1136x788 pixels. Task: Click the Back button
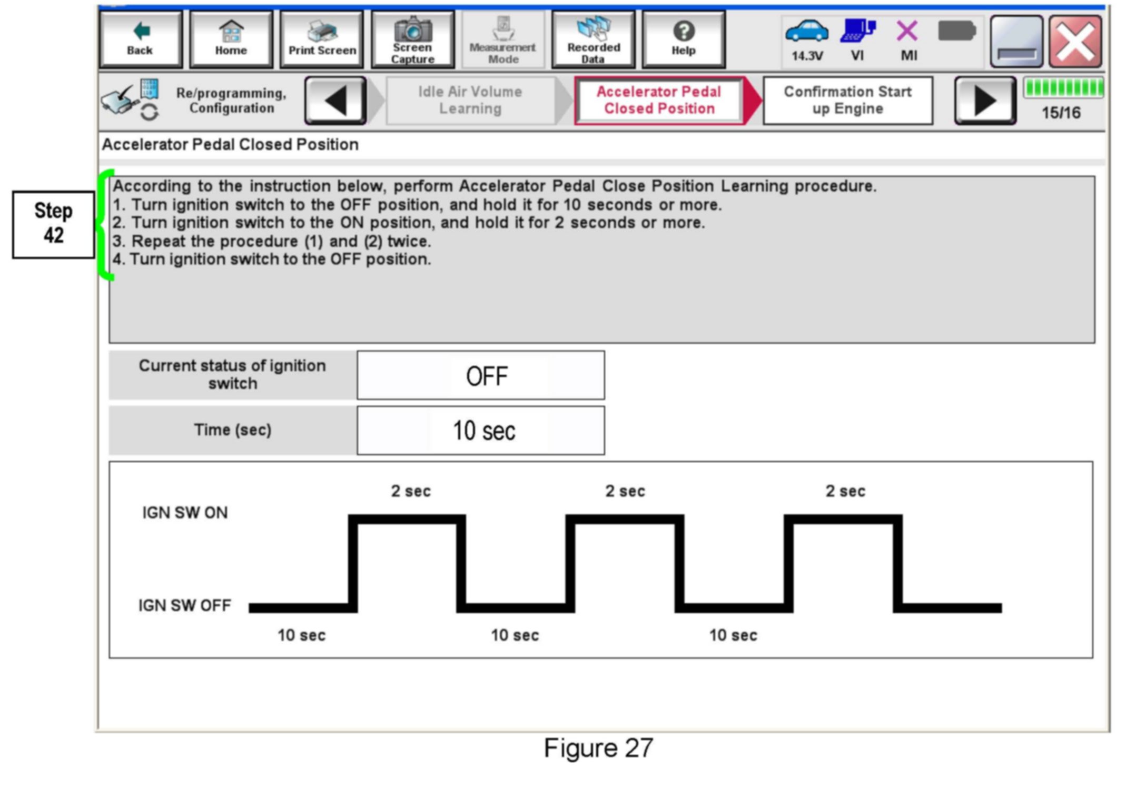(x=140, y=39)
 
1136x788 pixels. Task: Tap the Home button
(x=231, y=39)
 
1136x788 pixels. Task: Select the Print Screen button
(x=322, y=39)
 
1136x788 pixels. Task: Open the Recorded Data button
(x=593, y=39)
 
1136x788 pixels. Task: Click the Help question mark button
(x=683, y=39)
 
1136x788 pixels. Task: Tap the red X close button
(x=1075, y=42)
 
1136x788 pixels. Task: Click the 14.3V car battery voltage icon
(x=806, y=39)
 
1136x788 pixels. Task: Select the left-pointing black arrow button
(x=335, y=101)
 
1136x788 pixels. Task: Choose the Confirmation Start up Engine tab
(x=847, y=101)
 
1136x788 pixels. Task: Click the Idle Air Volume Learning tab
(x=470, y=101)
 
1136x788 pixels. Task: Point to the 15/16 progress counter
(x=1061, y=113)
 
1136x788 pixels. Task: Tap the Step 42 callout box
(x=54, y=224)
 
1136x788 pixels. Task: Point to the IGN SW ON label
(x=185, y=513)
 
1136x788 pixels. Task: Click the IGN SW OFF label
(x=184, y=605)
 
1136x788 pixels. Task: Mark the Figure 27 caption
(x=598, y=748)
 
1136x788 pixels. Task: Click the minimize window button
(x=1016, y=42)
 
